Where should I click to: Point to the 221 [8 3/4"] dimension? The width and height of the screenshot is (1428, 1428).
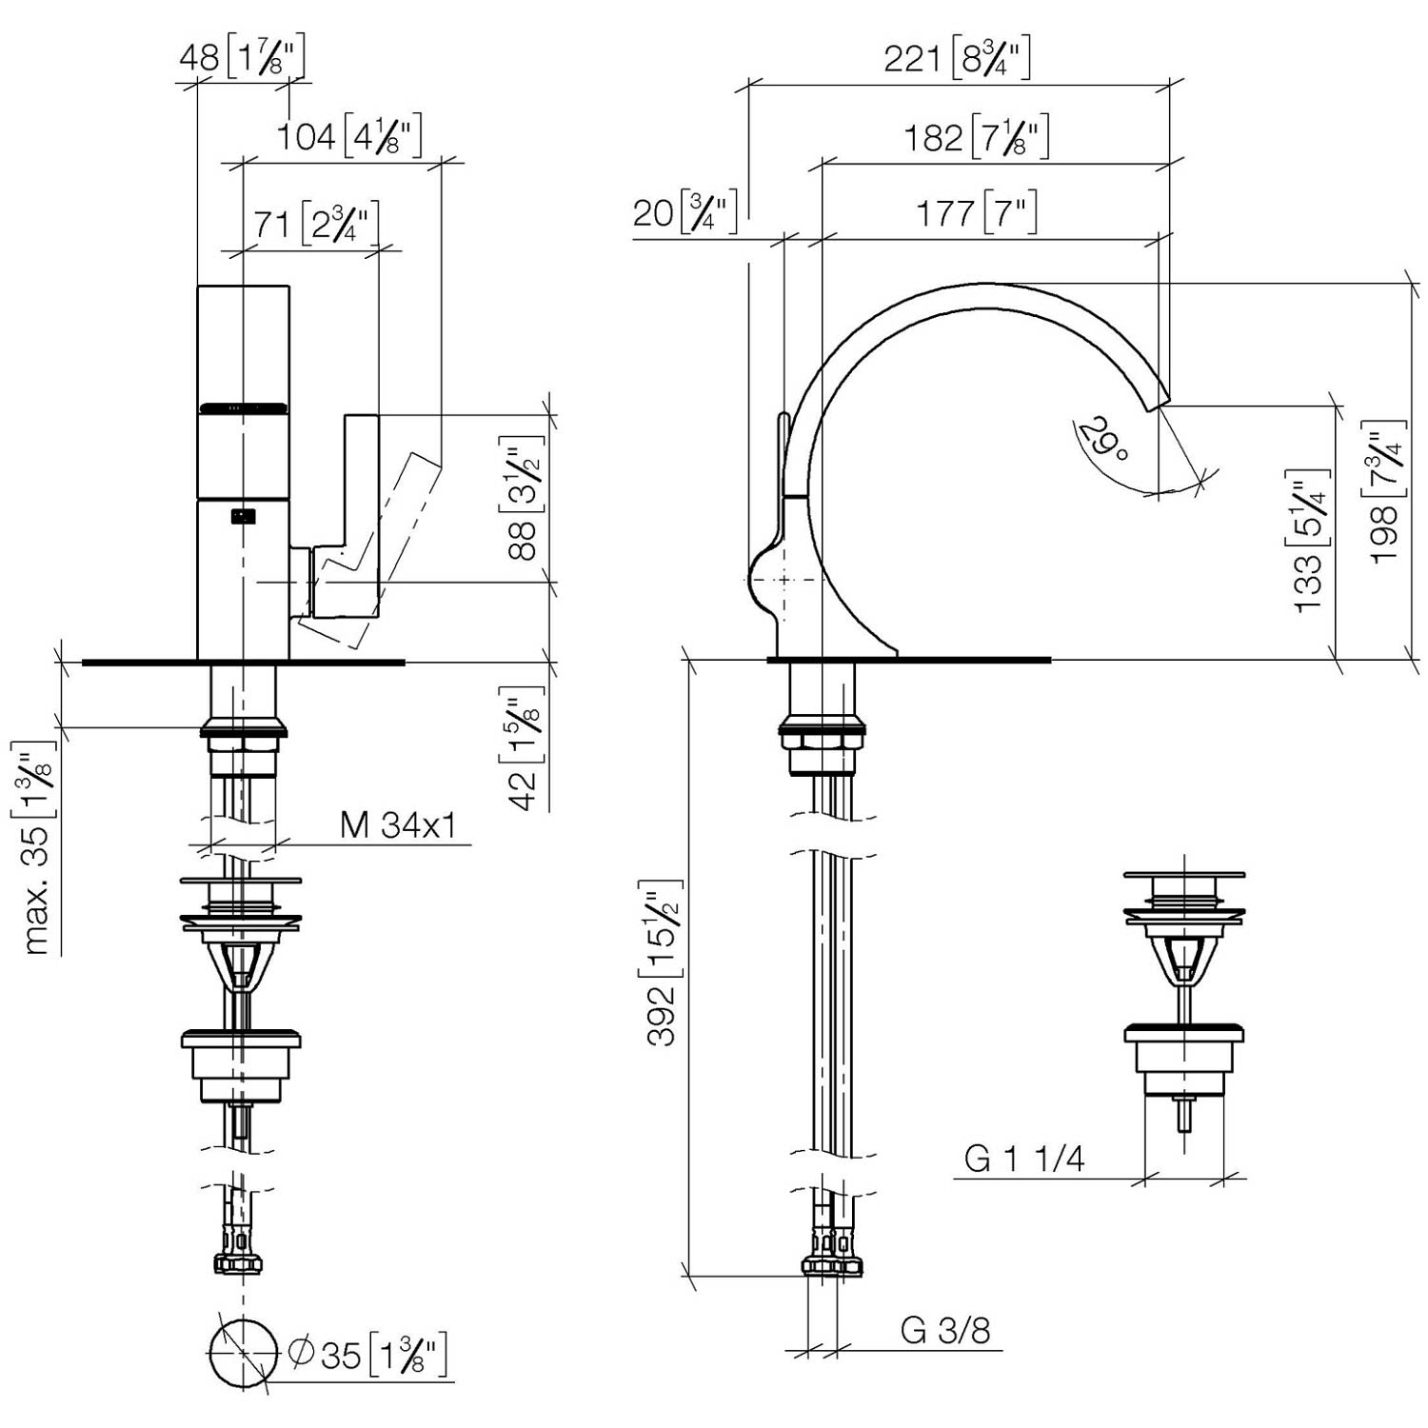[957, 59]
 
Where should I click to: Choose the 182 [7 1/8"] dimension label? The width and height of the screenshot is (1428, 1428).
[977, 137]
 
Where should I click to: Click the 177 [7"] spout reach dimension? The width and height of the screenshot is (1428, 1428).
[977, 213]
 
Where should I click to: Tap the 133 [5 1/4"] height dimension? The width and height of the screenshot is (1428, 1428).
[1311, 540]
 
